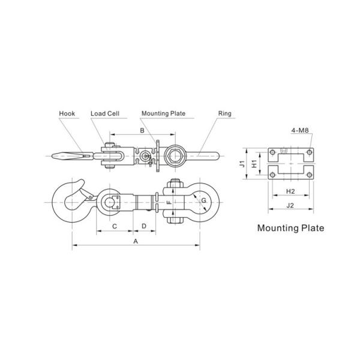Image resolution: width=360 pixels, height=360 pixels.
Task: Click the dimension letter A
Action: tap(136, 241)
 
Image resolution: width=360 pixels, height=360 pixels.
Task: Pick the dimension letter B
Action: tap(142, 130)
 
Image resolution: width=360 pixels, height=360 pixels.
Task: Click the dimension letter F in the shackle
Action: tap(169, 203)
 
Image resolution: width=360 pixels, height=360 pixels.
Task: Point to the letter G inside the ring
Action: tap(204, 200)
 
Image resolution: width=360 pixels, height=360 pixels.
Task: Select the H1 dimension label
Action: tap(254, 163)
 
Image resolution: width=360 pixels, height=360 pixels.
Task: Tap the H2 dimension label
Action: tap(290, 191)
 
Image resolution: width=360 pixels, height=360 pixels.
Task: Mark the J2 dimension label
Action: tap(290, 205)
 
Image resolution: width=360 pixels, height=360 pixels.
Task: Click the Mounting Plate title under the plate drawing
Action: tap(290, 228)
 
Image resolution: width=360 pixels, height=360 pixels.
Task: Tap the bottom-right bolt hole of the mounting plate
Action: tap(308, 175)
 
